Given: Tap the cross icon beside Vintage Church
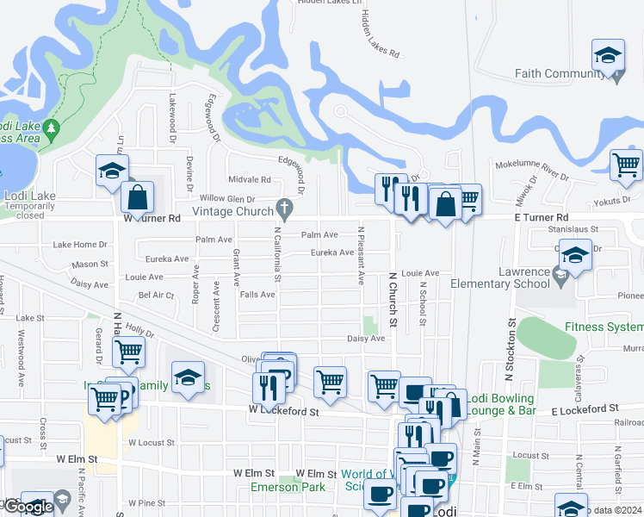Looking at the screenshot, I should tap(283, 208).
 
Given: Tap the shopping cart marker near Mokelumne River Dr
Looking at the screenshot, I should tap(626, 164).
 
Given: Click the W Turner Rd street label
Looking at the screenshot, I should tap(152, 218).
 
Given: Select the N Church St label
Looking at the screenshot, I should tap(393, 300).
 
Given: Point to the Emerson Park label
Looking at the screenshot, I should tap(288, 487).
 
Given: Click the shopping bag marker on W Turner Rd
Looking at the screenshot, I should tap(137, 197).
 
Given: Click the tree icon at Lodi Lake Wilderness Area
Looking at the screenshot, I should tap(51, 129).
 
